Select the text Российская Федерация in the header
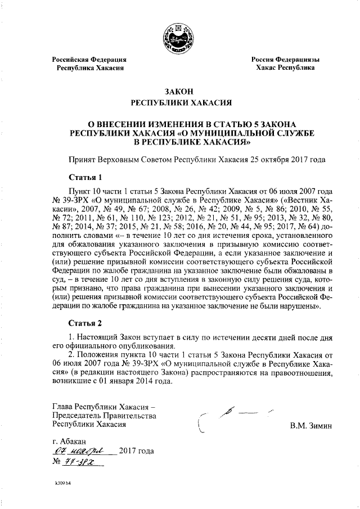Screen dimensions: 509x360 [89, 60]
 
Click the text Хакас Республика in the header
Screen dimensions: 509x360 [285, 67]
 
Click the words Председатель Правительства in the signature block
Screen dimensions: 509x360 [103, 415]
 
